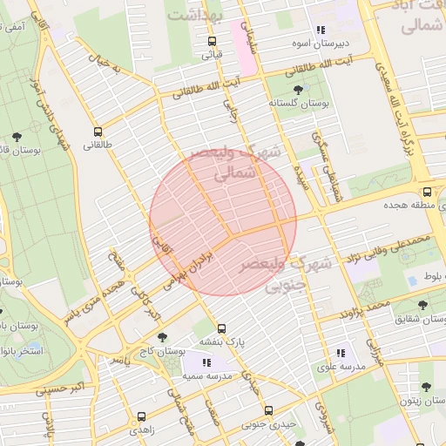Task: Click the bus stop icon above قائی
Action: (212, 40)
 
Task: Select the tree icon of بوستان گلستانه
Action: (298, 89)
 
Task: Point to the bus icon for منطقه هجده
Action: (427, 193)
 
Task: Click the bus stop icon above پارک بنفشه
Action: (222, 328)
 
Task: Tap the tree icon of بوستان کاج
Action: (162, 337)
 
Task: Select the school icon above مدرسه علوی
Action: (341, 353)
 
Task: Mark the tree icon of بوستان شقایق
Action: (423, 306)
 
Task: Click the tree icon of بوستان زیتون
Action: (426, 387)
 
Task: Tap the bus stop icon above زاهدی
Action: (142, 416)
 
